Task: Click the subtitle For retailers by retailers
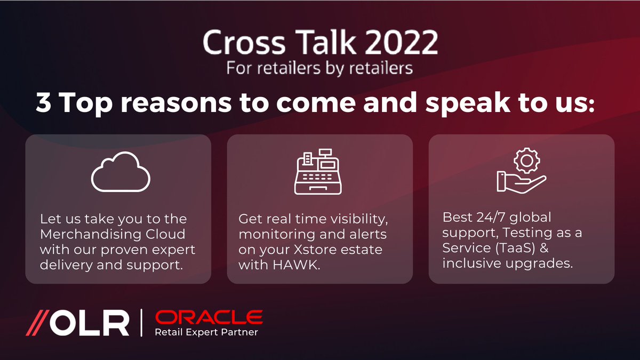tap(319, 69)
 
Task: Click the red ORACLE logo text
tap(209, 318)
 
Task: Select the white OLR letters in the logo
tap(93, 324)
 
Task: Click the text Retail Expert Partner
tap(206, 332)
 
